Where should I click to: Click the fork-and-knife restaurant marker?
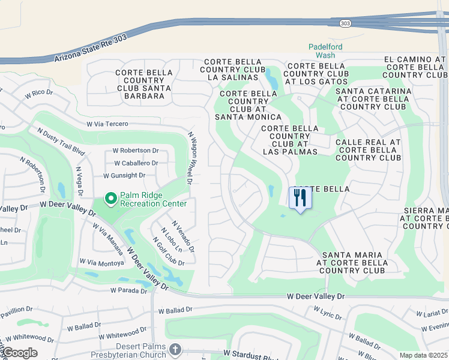coord(299,198)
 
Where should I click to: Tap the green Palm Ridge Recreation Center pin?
coord(110,198)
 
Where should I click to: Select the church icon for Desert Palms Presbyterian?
coord(175,349)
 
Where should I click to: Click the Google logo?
coord(19,352)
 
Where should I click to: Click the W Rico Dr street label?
coord(39,94)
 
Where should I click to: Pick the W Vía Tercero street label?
coord(107,124)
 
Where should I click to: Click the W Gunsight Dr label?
coord(124,175)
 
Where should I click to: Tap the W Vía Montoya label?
coord(101,263)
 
